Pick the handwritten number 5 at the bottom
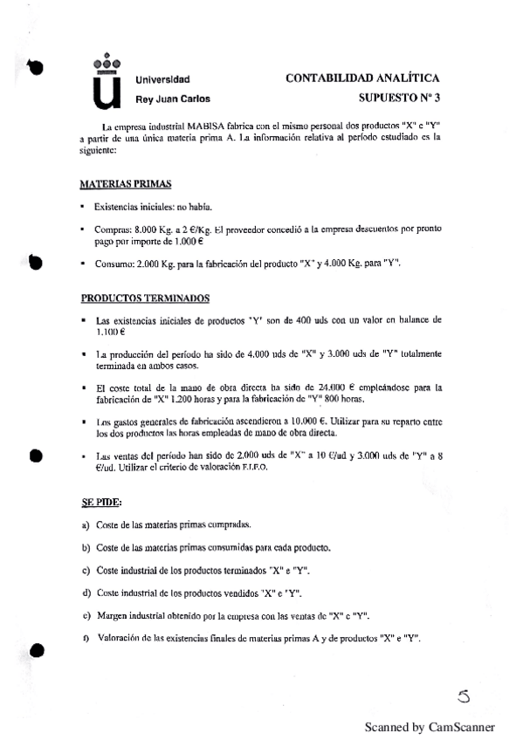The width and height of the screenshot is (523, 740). [463, 695]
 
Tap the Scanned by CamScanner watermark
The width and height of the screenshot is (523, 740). [430, 726]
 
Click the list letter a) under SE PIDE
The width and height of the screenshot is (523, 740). [86, 524]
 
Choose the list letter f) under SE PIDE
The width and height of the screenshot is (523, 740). [86, 639]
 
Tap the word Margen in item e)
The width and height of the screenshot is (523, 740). [114, 615]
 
